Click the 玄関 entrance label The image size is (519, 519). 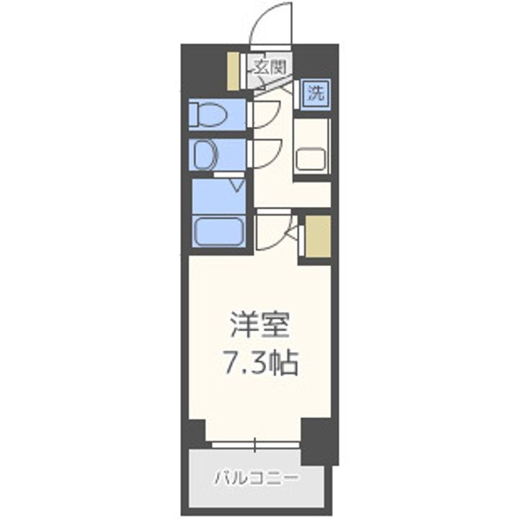tap(270, 68)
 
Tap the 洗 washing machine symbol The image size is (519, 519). tap(316, 93)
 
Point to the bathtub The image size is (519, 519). tap(219, 231)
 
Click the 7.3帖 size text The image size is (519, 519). tap(260, 363)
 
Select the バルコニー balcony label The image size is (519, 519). tap(257, 477)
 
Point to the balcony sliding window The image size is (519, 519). tap(255, 444)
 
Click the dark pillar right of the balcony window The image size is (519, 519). tap(319, 440)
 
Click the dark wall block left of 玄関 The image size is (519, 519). tap(203, 68)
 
